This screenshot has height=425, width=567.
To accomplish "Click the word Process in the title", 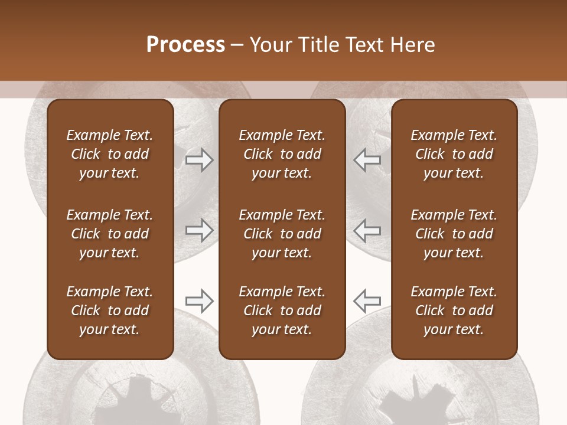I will pyautogui.click(x=185, y=45).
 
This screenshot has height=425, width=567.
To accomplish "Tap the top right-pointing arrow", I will pyautogui.click(x=199, y=160).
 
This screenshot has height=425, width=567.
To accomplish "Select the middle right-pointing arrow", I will pyautogui.click(x=199, y=230).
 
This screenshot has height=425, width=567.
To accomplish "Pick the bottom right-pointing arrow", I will pyautogui.click(x=199, y=301).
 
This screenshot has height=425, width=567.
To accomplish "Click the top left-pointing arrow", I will pyautogui.click(x=367, y=160).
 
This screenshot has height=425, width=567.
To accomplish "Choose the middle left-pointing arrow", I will pyautogui.click(x=367, y=230).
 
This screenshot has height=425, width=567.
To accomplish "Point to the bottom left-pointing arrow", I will pyautogui.click(x=367, y=301).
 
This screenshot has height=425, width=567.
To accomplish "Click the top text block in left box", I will pyautogui.click(x=110, y=154).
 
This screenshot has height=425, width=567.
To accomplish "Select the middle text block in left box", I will pyautogui.click(x=110, y=234).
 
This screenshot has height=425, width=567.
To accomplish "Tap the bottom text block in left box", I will pyautogui.click(x=110, y=310).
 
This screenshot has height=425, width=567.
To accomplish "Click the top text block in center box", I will pyautogui.click(x=282, y=154).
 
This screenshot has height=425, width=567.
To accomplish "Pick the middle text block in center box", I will pyautogui.click(x=282, y=234).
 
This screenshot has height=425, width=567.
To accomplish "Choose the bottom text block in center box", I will pyautogui.click(x=282, y=310).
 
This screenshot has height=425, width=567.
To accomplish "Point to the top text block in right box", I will pyautogui.click(x=454, y=154).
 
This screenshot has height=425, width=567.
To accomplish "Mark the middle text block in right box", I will pyautogui.click(x=454, y=234).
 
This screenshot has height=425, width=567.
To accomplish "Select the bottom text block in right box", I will pyautogui.click(x=454, y=310).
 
